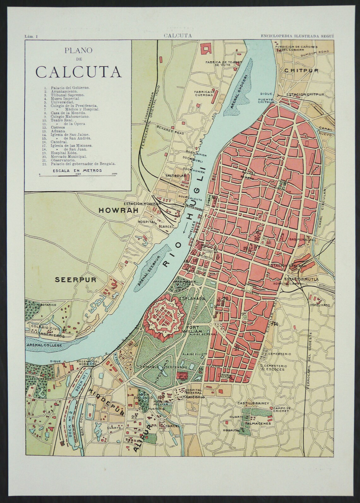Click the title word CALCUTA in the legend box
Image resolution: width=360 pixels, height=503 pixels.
point(78,72)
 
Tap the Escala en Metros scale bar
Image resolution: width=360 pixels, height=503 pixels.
point(78,174)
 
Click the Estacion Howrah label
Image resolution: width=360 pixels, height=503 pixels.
point(143,204)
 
